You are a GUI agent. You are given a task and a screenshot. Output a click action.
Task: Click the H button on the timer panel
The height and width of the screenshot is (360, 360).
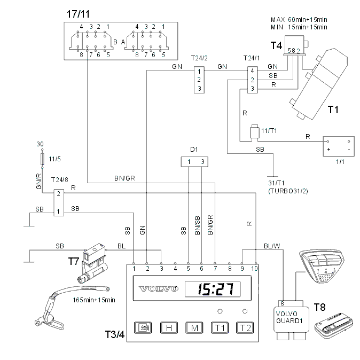pyautogui.click(x=169, y=327)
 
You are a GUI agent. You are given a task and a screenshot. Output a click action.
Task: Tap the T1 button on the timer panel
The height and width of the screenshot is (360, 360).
pyautogui.click(x=220, y=327)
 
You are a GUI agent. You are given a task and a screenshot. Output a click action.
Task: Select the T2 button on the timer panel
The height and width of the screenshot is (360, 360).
pyautogui.click(x=245, y=327)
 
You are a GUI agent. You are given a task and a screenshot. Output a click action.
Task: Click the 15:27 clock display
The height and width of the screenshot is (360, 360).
pyautogui.click(x=213, y=289)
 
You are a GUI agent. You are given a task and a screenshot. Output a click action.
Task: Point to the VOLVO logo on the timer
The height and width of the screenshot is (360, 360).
pyautogui.click(x=159, y=288)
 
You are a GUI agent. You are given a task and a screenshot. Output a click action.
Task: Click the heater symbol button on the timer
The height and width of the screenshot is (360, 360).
pyautogui.click(x=143, y=327)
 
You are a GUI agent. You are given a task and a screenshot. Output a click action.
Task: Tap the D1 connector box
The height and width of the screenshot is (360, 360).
pyautogui.click(x=194, y=162)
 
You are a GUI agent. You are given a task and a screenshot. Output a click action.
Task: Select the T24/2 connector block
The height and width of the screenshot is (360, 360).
pyautogui.click(x=199, y=80)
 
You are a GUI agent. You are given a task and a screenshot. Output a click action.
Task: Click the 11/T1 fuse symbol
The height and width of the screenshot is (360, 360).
pyautogui.click(x=254, y=131)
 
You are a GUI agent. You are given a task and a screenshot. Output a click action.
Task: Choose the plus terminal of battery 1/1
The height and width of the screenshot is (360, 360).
pyautogui.click(x=328, y=149)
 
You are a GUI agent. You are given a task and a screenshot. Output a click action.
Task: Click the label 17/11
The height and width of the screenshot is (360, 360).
pyautogui.click(x=78, y=14)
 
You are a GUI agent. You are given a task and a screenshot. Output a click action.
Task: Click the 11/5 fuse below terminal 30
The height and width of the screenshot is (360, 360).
pyautogui.click(x=42, y=159)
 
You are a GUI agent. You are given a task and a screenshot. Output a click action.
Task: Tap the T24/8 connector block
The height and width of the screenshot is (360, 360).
pyautogui.click(x=59, y=203)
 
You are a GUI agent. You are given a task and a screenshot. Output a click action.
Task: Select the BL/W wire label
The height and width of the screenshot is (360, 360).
pyautogui.click(x=272, y=246)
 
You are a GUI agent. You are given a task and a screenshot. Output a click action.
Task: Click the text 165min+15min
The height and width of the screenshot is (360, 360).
pyautogui.click(x=94, y=300)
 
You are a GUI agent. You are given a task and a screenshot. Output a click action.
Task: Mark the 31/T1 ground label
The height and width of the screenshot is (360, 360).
pyautogui.click(x=277, y=183)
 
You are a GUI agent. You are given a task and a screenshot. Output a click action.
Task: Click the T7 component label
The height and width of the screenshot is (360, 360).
pyautogui.click(x=74, y=261)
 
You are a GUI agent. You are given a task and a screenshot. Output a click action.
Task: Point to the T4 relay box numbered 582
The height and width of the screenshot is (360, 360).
pyautogui.click(x=294, y=45)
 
